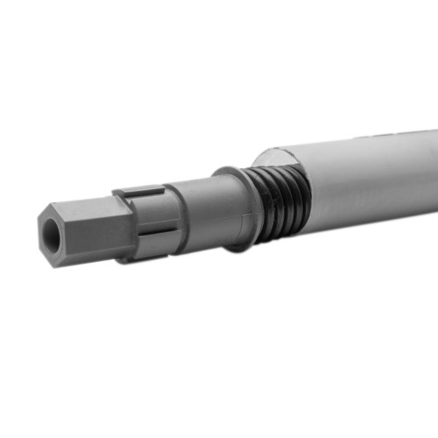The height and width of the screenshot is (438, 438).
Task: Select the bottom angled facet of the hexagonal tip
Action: (88, 258)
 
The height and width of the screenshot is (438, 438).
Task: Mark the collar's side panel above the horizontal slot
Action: (149, 210)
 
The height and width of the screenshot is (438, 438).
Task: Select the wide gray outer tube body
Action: (368, 184)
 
